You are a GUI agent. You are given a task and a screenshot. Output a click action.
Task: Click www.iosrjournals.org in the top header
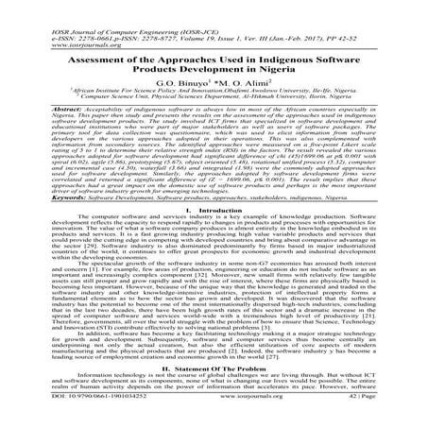click(x=47, y=23)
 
